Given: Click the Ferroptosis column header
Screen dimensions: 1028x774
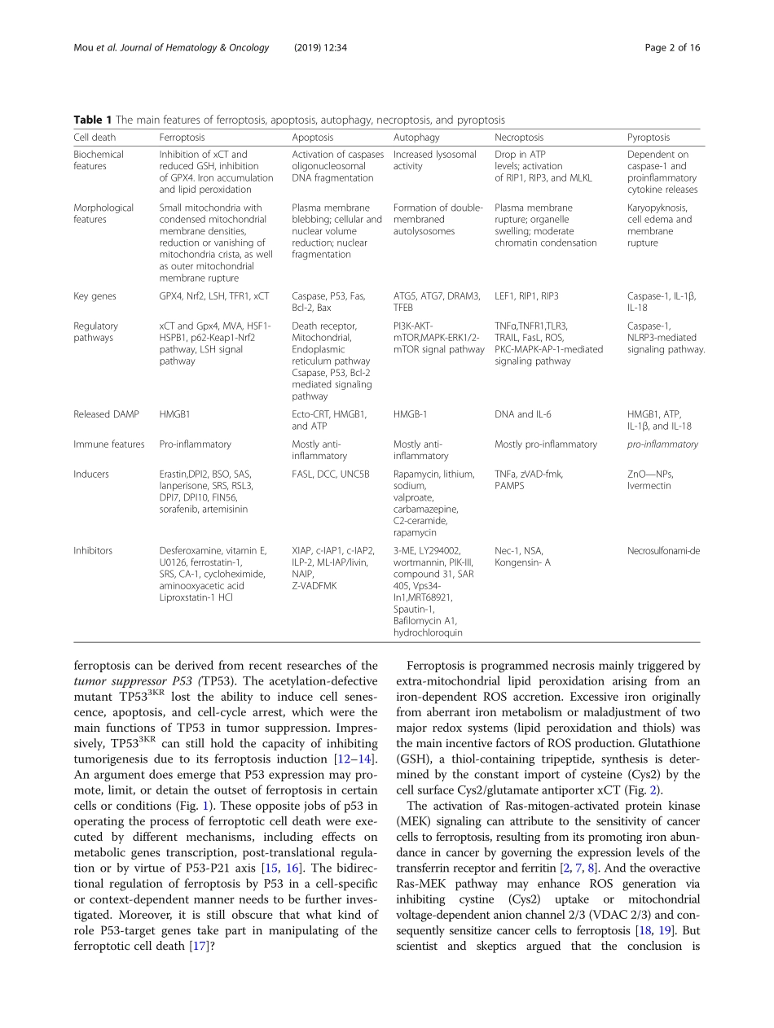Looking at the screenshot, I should coord(182,138).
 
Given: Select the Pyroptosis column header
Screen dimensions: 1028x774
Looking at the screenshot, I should coord(649,138).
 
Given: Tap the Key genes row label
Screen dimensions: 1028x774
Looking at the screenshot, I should coord(95,296).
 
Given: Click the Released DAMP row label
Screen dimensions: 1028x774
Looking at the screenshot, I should coord(103,414).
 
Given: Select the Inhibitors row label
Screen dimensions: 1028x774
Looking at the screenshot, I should coord(93,550).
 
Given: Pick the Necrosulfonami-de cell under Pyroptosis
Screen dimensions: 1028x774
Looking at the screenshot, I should coord(663,550).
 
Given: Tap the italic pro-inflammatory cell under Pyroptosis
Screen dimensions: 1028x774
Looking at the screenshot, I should coord(662,444).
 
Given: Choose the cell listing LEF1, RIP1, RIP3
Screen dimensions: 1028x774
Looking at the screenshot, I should coord(526,296).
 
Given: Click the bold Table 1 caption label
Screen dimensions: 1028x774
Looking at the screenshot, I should coord(94,120).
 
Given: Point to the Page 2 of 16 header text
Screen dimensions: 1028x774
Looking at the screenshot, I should coord(672,47).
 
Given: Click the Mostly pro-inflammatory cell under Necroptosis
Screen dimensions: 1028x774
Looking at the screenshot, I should coord(545,444).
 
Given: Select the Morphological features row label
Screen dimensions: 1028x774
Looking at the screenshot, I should coord(103,213).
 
